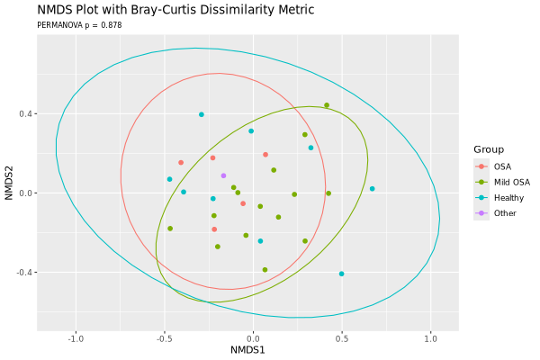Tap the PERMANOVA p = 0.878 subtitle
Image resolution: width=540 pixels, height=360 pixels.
[79, 25]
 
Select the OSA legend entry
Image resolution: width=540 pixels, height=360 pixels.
[502, 166]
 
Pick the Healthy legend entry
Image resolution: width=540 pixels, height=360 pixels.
[508, 197]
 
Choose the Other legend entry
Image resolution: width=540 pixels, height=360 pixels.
[505, 213]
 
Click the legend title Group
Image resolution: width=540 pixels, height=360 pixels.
[490, 149]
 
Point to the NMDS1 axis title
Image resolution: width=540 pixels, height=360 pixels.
[247, 349]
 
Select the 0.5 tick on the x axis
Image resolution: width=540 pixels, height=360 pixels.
[342, 338]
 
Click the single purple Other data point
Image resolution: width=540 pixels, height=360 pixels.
[224, 175]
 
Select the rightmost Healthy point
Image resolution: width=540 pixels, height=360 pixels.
[373, 189]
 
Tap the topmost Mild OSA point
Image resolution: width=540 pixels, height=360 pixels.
[327, 105]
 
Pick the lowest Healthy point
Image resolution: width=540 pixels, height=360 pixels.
[342, 274]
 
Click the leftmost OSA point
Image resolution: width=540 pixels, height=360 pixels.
[181, 163]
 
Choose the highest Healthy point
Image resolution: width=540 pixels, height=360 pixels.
[202, 114]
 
